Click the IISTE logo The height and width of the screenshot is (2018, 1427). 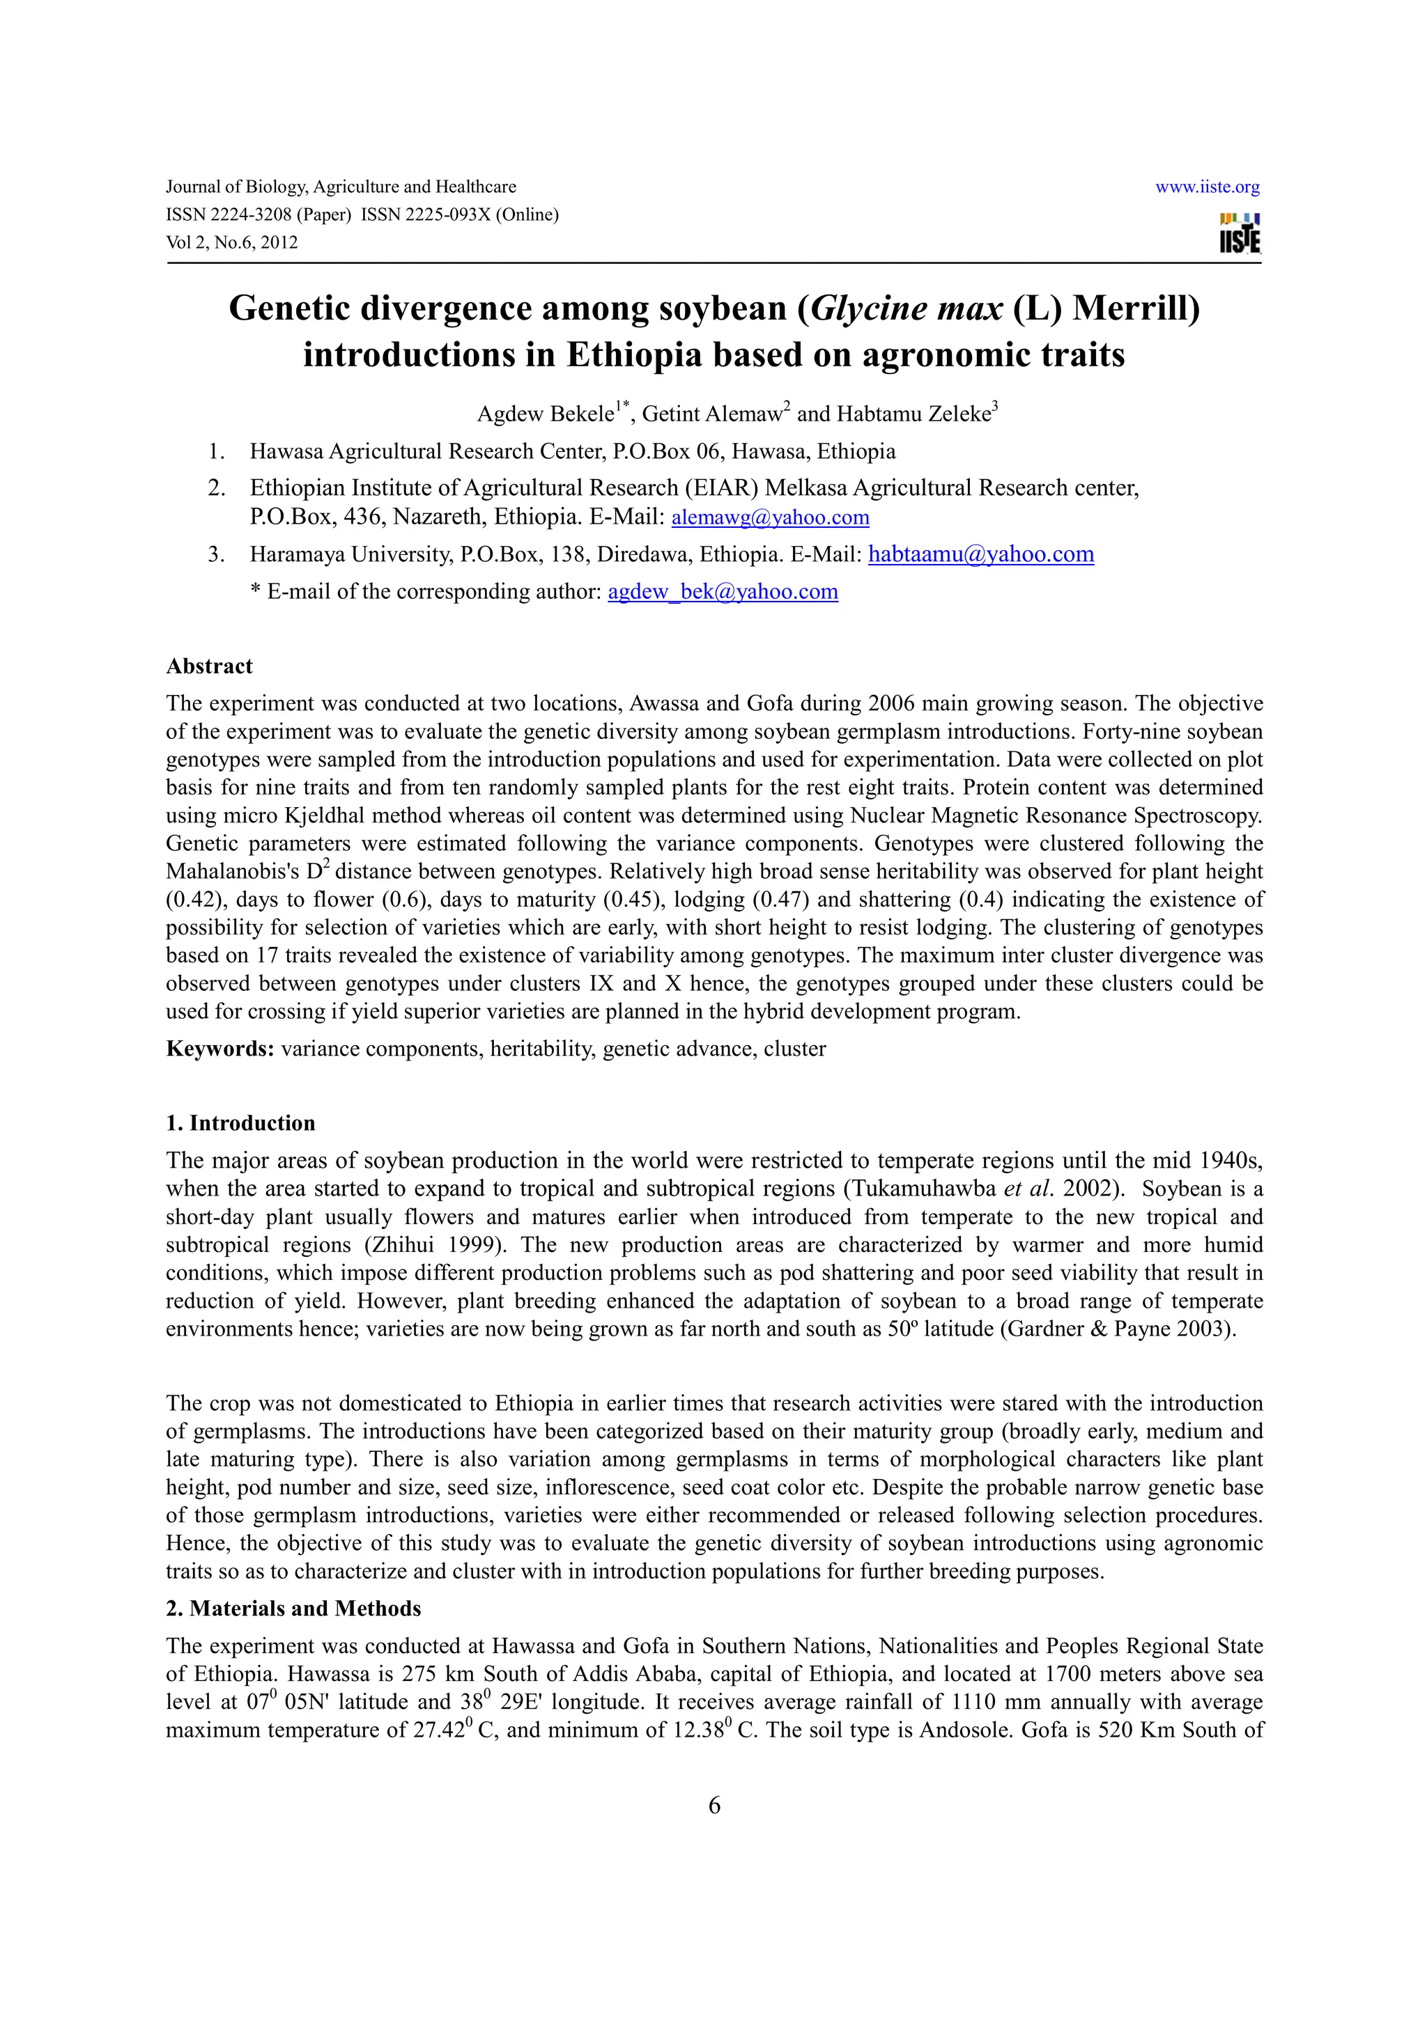coord(1240,233)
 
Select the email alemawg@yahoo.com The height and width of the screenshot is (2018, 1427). coord(770,517)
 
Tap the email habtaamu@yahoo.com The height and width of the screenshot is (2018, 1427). coord(980,554)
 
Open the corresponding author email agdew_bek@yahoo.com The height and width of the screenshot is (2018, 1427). coord(723,593)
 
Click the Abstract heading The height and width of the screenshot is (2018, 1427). coord(209,666)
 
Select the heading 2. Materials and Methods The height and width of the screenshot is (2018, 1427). coord(293,1609)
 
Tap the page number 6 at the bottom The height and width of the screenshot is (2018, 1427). coord(714,1806)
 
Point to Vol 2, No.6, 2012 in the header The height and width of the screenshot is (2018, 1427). coord(232,242)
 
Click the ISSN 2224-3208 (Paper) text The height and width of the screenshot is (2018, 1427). coord(259,214)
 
